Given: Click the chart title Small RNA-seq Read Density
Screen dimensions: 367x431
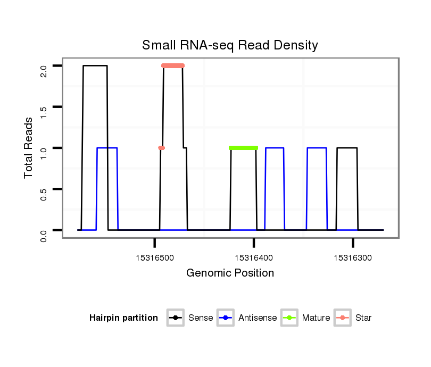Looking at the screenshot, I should click(x=230, y=45).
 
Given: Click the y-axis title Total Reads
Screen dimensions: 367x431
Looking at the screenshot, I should click(x=29, y=148).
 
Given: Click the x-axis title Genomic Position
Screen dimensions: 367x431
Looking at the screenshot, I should click(x=230, y=273).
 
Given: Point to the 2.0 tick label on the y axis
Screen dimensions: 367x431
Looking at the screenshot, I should click(x=44, y=66).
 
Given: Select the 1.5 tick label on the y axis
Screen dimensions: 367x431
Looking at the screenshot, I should click(x=44, y=107).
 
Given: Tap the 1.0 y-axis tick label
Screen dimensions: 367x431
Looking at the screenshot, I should click(x=44, y=148).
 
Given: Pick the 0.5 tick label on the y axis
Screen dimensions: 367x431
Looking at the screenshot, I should click(x=44, y=189).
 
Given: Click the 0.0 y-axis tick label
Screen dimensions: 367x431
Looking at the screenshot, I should click(x=44, y=230).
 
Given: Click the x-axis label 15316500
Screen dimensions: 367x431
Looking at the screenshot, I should click(x=155, y=258).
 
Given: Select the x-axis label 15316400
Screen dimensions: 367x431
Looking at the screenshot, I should click(x=254, y=258).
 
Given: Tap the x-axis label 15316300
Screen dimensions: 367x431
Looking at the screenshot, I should click(x=353, y=258).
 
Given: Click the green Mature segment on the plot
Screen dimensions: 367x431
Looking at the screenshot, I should click(x=243, y=148).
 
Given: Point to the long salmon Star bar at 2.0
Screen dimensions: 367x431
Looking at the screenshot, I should click(x=173, y=66).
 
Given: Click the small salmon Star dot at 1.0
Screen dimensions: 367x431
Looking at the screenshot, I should click(x=161, y=148).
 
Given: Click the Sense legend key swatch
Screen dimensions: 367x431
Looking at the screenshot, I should click(x=175, y=318).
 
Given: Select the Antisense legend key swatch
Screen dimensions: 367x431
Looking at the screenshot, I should click(x=226, y=318).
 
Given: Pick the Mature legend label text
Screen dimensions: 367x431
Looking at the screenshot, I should click(x=316, y=318).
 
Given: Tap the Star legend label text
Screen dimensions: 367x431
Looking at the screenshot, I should click(x=363, y=318).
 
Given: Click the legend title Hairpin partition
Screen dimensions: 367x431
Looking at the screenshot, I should click(x=123, y=318).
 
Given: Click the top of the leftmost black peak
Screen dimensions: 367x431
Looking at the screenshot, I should click(x=95, y=66).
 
